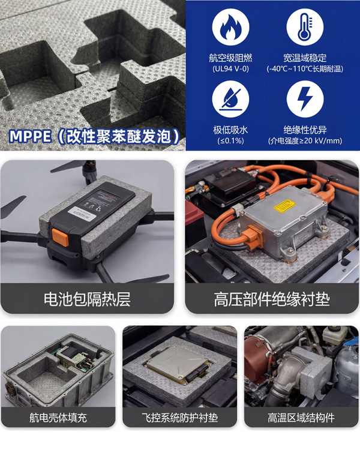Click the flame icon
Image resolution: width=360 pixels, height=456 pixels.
point(230,27)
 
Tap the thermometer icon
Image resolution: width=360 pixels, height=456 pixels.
point(305,27)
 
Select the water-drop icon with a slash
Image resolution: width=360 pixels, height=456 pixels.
point(230,99)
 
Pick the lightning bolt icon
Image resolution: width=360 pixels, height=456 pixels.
point(305,99)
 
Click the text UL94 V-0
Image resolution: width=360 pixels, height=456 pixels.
point(230,69)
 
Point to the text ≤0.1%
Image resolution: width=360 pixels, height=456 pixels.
point(230,141)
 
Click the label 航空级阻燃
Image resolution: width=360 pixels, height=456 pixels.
point(230,58)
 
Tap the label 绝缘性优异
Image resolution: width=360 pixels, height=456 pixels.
point(305,130)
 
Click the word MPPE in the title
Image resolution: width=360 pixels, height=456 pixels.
point(30,136)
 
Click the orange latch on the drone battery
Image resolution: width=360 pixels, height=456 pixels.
point(60,237)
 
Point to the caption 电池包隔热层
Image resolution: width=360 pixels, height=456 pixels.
point(87,299)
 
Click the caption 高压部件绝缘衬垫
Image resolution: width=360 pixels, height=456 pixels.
point(272,299)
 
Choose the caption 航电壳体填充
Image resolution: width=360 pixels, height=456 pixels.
point(58,418)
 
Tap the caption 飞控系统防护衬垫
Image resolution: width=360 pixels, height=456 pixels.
point(180,418)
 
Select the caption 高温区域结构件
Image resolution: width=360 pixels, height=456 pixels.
point(301,418)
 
